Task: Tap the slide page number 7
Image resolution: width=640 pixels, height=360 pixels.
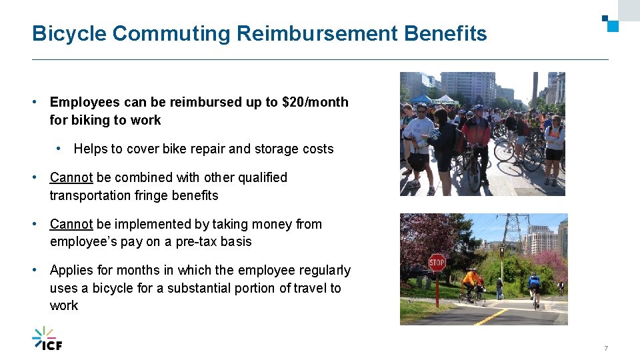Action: pyautogui.click(x=606, y=349)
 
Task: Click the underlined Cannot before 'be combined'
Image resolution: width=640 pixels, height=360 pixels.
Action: pyautogui.click(x=71, y=177)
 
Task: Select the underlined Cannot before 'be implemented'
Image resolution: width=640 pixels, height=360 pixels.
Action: pyautogui.click(x=71, y=224)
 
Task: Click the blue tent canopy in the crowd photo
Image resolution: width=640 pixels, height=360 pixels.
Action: pyautogui.click(x=421, y=98)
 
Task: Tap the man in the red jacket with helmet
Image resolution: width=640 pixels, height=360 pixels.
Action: pyautogui.click(x=476, y=133)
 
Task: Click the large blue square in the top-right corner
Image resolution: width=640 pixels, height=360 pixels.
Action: pyautogui.click(x=613, y=26)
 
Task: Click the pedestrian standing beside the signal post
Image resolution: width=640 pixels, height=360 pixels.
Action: pyautogui.click(x=499, y=287)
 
